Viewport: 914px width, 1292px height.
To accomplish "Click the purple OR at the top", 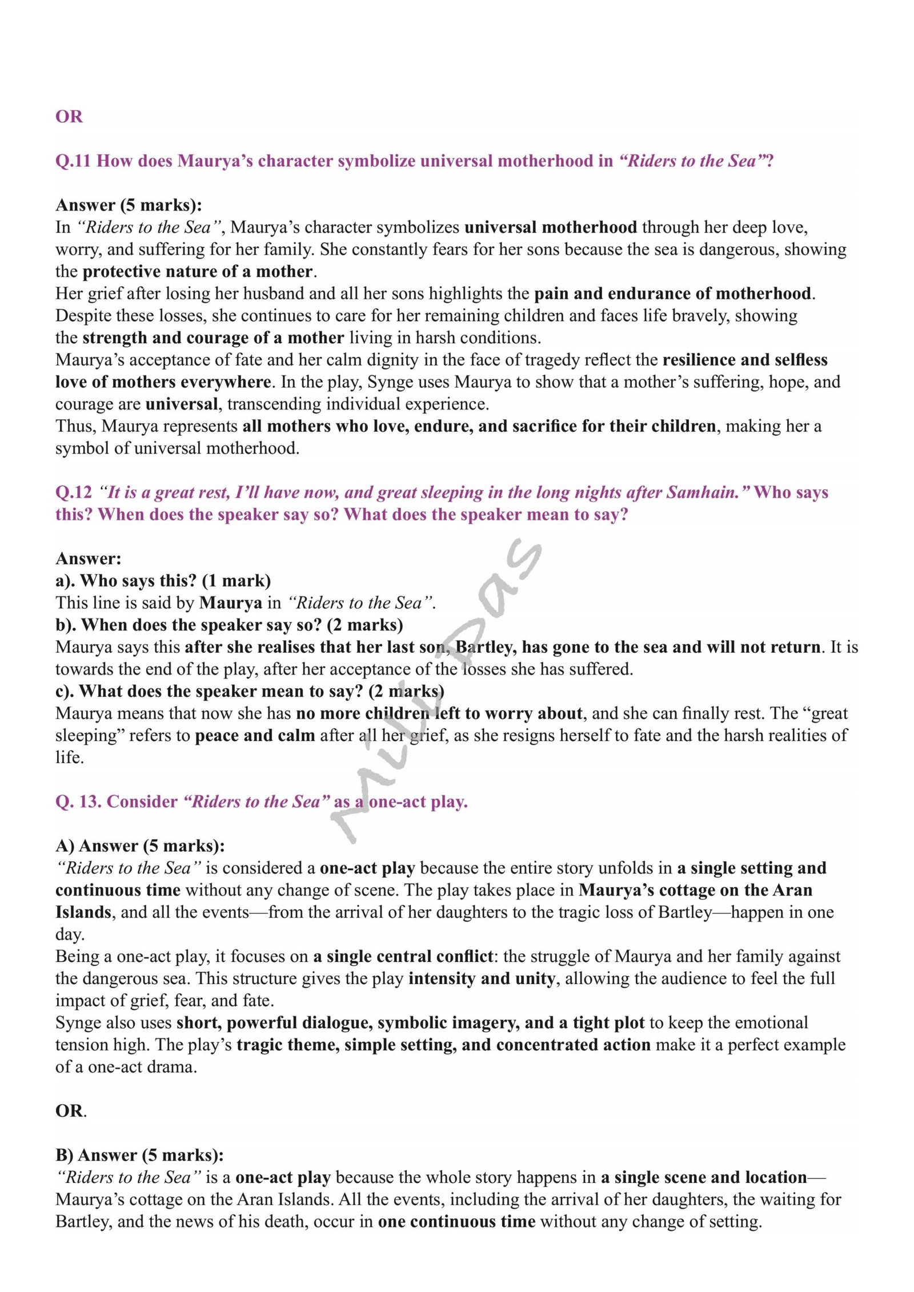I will click(x=69, y=117).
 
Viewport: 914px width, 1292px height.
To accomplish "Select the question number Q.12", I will click(x=73, y=492).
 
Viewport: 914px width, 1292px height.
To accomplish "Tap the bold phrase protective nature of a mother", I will click(x=198, y=271).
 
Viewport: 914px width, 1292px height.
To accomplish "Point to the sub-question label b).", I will click(x=66, y=625).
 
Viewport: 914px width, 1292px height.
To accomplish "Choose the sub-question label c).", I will click(x=65, y=691).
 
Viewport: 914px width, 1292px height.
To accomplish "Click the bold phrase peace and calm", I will click(x=255, y=736).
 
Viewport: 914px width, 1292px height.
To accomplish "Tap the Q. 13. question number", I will click(x=78, y=802).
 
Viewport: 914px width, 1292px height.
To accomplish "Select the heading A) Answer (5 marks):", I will click(x=140, y=846).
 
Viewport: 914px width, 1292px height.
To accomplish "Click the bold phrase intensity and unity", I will click(x=481, y=979).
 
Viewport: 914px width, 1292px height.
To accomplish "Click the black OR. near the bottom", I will click(x=71, y=1112).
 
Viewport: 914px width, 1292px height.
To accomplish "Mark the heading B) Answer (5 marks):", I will click(x=139, y=1155).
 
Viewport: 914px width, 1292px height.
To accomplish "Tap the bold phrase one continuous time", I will click(x=456, y=1222).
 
